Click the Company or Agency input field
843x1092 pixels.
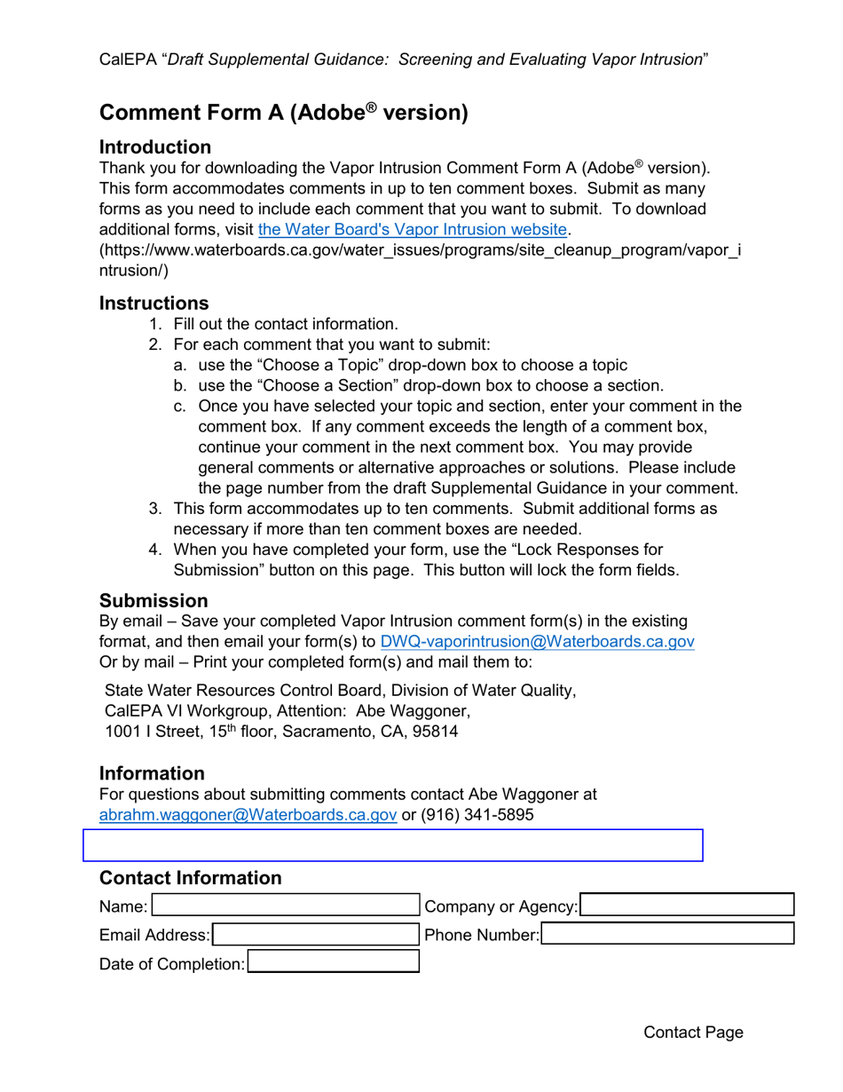(687, 906)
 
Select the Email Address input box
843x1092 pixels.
(315, 934)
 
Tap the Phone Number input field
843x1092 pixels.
(667, 934)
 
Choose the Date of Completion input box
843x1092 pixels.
(333, 962)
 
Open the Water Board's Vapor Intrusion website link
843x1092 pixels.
(412, 230)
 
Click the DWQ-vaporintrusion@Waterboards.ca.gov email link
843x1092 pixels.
(536, 641)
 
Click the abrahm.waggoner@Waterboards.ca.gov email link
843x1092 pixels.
(248, 814)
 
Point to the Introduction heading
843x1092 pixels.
(155, 147)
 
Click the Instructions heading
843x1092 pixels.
(154, 304)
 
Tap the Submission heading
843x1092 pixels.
(154, 601)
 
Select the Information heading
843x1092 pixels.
(152, 773)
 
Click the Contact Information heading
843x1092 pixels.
(190, 878)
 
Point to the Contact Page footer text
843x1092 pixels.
(693, 1032)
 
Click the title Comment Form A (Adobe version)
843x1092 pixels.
(283, 113)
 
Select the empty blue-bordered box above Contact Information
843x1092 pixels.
(392, 845)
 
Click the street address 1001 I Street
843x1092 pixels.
(147, 732)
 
